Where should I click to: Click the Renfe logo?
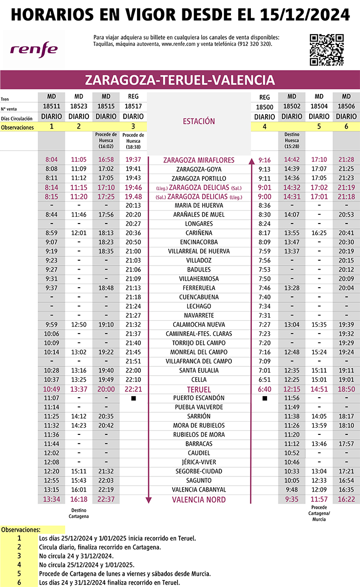34,49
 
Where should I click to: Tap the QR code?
327,49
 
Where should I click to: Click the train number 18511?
51,106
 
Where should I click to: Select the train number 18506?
346,107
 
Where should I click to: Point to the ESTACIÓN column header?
199,121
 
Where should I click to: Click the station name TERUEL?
199,389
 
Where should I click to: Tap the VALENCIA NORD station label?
199,499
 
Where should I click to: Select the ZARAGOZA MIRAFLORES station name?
199,160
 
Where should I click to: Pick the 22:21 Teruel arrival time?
134,389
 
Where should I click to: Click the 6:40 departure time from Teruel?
264,389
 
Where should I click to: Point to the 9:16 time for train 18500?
264,160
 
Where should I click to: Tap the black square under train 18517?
134,399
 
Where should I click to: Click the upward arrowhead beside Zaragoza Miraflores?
251,160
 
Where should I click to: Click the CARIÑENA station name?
199,233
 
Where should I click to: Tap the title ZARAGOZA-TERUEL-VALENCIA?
180,80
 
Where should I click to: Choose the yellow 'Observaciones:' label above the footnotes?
21,530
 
